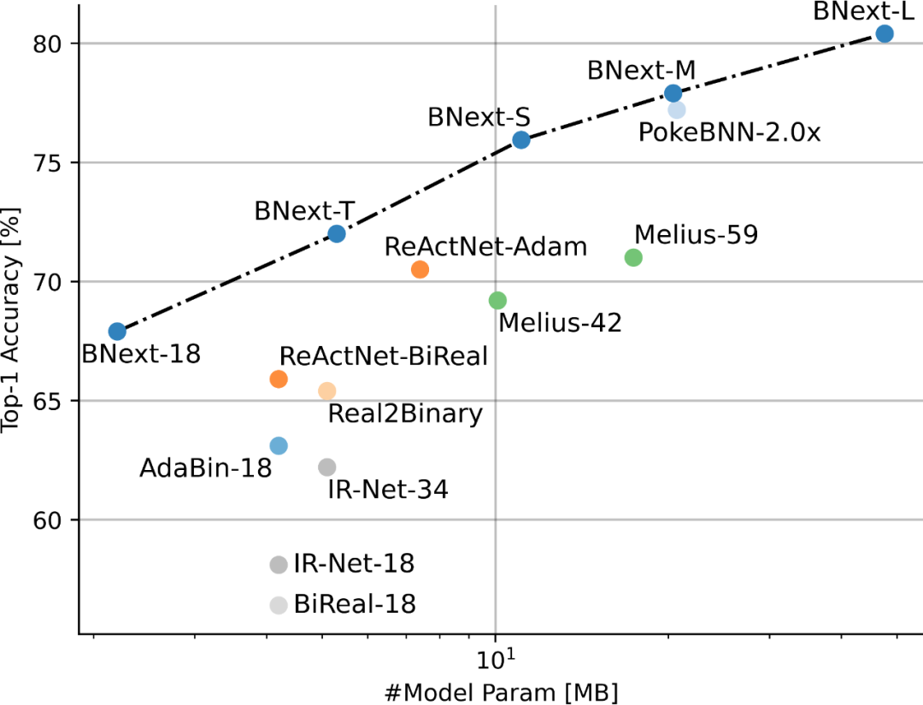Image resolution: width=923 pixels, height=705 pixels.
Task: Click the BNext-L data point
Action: tap(885, 33)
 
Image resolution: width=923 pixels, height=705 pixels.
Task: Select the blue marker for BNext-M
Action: tap(673, 92)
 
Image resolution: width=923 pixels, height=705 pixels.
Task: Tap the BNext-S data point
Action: tap(521, 139)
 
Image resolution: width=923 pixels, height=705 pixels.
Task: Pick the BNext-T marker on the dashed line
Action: tap(337, 233)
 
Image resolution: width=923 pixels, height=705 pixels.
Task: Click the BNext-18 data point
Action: tap(118, 331)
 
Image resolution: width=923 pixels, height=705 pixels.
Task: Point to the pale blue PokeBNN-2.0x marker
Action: tap(677, 109)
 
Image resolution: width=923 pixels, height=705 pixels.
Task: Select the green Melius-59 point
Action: tap(633, 257)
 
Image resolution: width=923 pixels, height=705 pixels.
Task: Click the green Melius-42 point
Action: tap(497, 300)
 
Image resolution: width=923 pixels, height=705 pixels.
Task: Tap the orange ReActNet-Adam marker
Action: tap(420, 269)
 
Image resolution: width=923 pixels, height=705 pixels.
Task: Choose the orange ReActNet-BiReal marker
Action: tap(279, 379)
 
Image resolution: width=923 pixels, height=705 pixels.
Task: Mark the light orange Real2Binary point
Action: tap(327, 391)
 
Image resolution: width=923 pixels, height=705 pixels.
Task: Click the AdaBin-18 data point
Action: tap(279, 445)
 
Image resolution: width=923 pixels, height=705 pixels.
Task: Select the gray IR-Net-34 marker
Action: tap(327, 467)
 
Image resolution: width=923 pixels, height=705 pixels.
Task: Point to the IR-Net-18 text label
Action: tap(354, 564)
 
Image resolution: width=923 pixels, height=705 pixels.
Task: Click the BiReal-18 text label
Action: tap(355, 605)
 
